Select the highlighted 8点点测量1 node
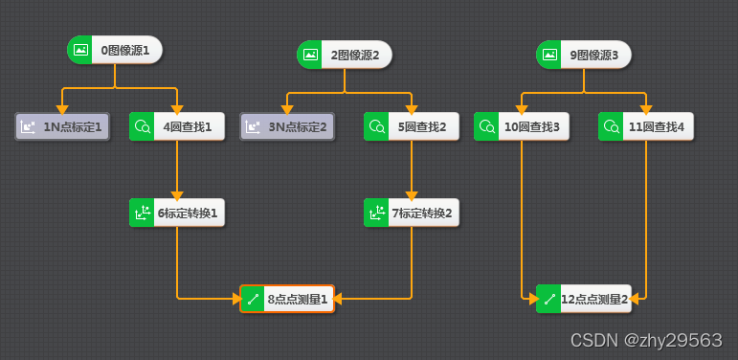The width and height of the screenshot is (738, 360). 286,299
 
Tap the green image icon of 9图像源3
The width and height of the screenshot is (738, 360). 549,55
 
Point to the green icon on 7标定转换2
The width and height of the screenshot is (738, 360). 376,213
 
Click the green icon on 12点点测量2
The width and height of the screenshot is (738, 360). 549,299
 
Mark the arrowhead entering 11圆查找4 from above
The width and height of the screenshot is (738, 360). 646,108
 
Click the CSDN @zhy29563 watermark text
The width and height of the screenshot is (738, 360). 645,340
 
